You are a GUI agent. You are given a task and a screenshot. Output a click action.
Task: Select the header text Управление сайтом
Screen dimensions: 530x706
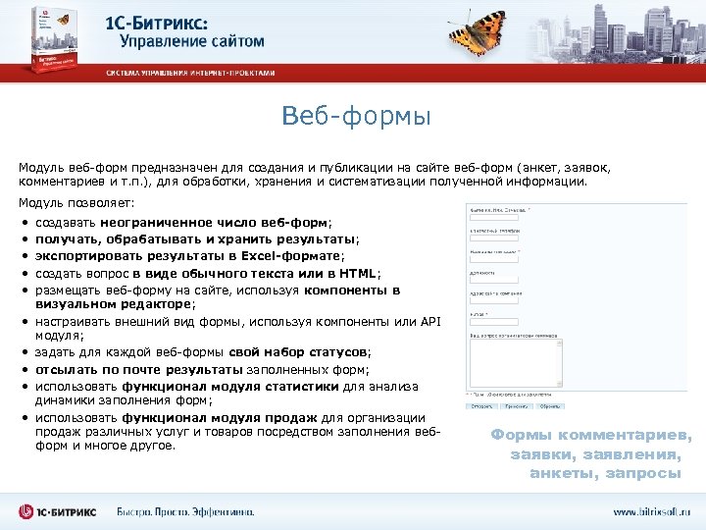192,41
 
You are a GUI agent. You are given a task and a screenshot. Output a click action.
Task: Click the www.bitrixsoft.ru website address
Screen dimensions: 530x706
652,511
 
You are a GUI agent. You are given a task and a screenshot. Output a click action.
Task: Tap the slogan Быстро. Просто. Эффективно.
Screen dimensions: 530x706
185,511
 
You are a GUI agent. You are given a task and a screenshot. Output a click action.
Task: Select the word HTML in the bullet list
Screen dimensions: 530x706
357,273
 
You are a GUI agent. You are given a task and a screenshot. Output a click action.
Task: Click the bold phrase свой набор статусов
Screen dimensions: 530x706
298,352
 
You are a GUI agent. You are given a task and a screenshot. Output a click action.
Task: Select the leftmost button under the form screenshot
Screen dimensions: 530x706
481,405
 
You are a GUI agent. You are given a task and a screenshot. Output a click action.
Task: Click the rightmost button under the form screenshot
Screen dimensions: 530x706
551,405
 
